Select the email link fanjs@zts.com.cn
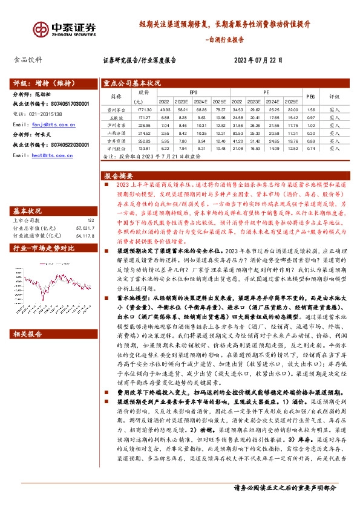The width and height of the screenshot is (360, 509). point(51,124)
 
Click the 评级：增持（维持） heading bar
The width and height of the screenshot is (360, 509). point(46,83)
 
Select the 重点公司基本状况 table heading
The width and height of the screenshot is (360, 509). point(132,83)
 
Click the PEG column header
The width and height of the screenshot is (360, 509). point(310,96)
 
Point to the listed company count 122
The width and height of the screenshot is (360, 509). point(91,221)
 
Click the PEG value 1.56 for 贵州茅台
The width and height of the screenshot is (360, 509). point(310,109)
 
